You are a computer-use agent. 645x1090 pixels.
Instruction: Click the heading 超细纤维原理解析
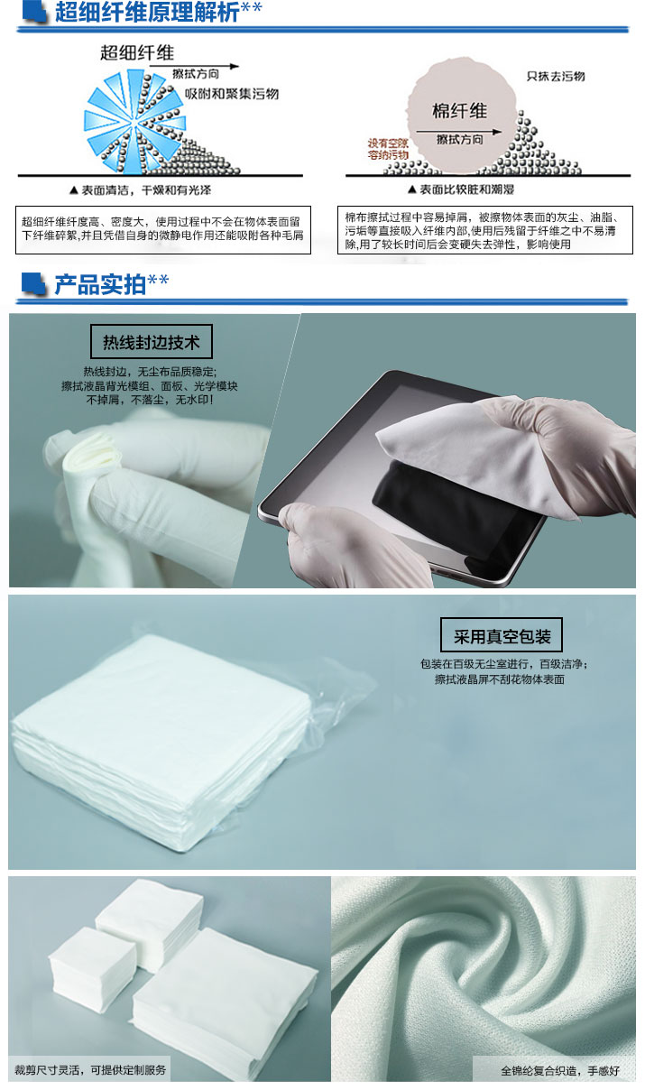point(147,12)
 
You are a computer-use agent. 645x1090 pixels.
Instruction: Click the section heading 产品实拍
point(100,284)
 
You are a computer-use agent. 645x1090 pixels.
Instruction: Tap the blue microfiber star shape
point(134,122)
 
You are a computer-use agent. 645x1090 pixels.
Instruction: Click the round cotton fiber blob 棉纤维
point(461,115)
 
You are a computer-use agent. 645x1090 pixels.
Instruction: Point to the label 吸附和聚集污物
point(232,94)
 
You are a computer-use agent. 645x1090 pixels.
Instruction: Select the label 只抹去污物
point(556,76)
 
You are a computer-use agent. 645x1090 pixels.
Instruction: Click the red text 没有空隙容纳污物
point(388,149)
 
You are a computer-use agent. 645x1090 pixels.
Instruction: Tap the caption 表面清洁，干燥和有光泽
point(141,190)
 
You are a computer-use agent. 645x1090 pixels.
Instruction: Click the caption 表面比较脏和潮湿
point(461,189)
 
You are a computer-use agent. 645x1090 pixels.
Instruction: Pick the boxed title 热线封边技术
point(152,342)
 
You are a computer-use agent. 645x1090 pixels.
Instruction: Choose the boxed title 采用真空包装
point(502,636)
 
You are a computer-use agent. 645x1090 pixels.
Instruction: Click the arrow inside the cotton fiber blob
point(458,132)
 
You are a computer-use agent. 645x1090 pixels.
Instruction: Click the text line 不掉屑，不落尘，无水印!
point(150,400)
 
